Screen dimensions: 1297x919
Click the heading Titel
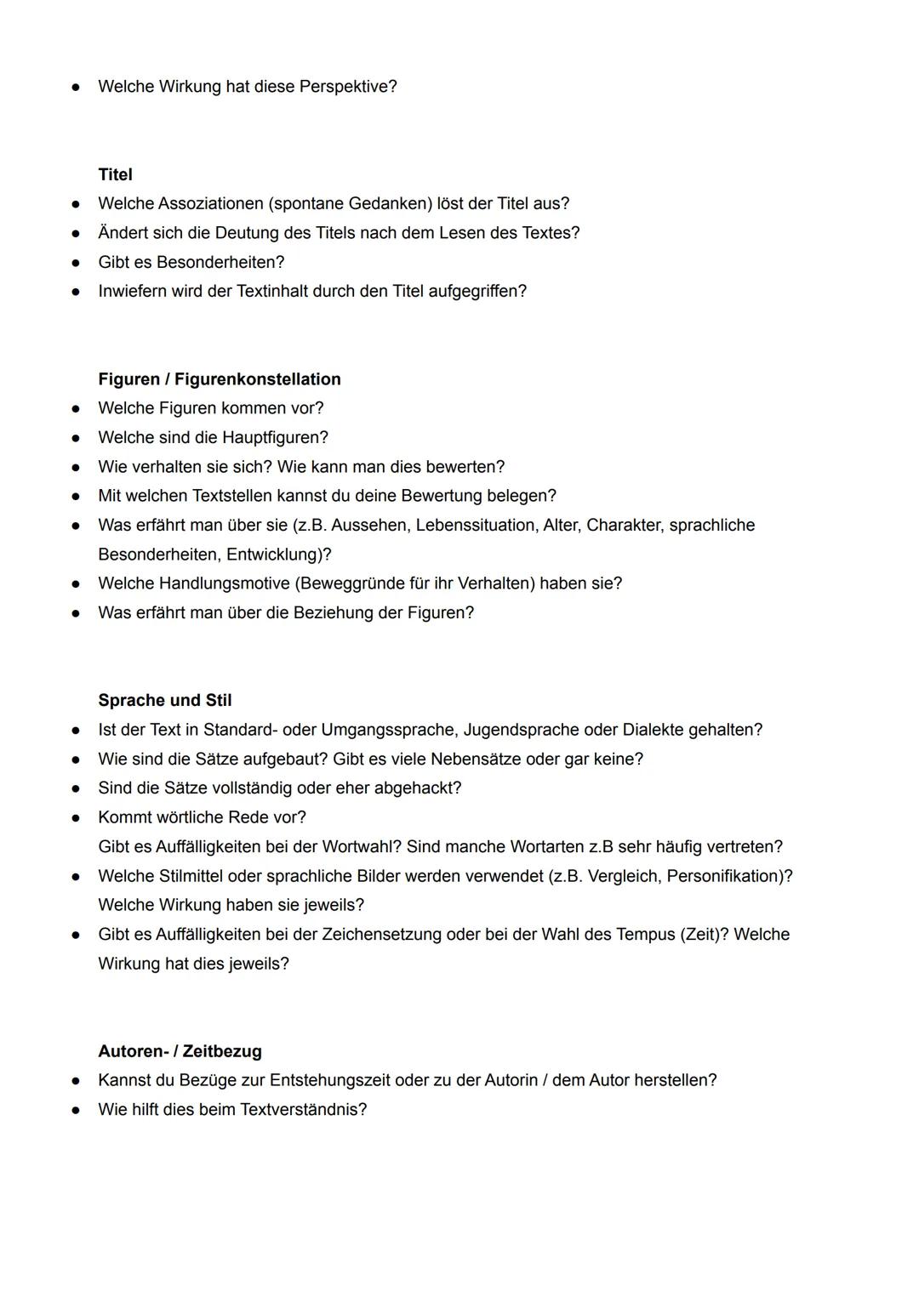click(115, 174)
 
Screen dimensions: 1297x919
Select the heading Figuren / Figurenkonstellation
click(220, 379)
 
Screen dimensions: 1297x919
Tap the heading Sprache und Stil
click(164, 700)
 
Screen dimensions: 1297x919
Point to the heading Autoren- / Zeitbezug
click(180, 1051)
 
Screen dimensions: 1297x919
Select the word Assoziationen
click(210, 204)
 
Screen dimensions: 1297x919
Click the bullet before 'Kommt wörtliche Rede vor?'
click(76, 818)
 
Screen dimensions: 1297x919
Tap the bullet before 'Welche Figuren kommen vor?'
click(76, 409)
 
